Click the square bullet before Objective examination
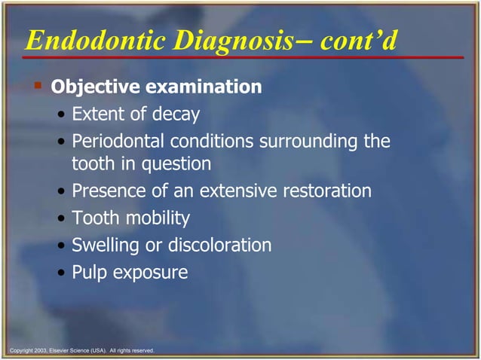pos(38,86)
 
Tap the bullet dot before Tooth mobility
pos(61,219)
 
